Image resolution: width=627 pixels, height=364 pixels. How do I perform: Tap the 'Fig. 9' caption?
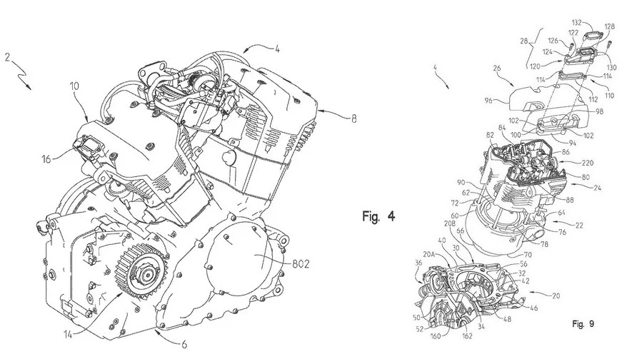coord(583,324)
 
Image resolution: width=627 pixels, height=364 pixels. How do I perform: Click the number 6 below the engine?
coord(184,345)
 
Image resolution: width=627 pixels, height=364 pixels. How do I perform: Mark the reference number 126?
coord(553,41)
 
